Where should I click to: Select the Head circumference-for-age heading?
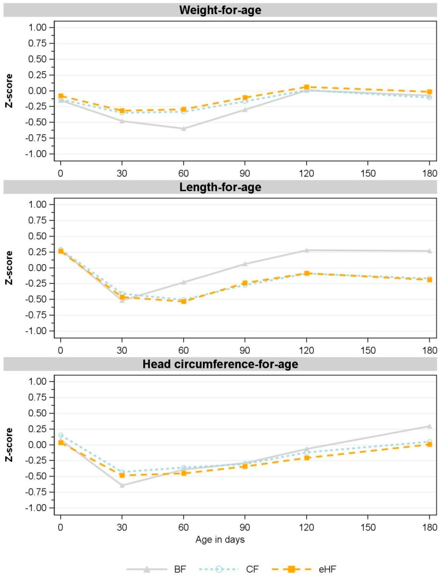(x=220, y=364)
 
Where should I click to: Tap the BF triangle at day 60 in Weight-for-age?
(x=184, y=129)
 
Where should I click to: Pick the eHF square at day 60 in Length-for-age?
(x=184, y=301)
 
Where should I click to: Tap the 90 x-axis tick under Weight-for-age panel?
(x=245, y=174)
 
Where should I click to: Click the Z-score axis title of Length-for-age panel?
(x=9, y=268)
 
